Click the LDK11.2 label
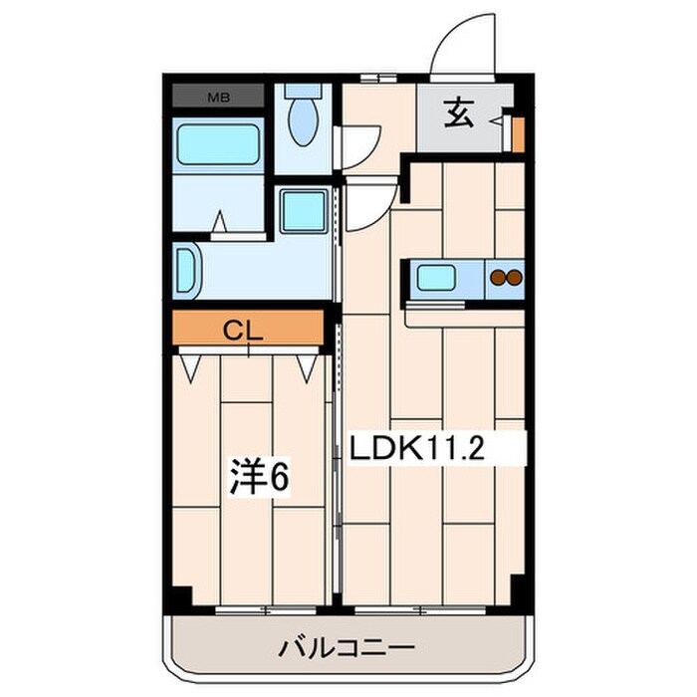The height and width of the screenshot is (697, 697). (416, 449)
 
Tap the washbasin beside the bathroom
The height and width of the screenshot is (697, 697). (186, 268)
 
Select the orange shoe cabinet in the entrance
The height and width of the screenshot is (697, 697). (517, 133)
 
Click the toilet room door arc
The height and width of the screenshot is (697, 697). (358, 147)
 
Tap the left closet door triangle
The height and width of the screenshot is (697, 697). (192, 367)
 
